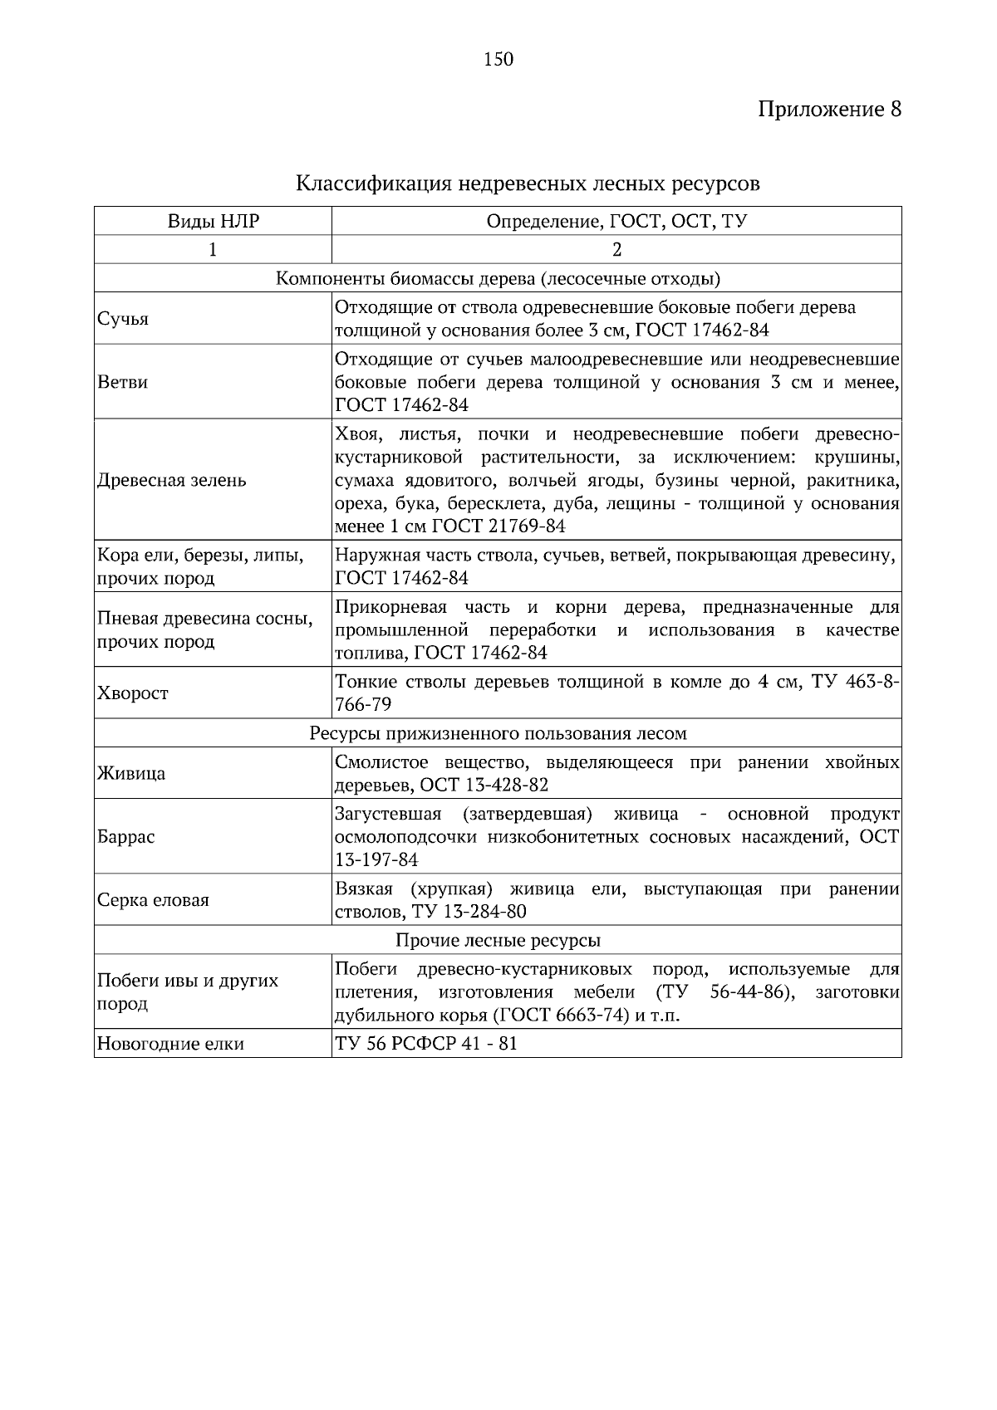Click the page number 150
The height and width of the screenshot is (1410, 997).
(x=498, y=59)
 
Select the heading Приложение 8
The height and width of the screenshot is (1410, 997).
(x=829, y=110)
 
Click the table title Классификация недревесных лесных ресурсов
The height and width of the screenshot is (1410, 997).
(x=528, y=184)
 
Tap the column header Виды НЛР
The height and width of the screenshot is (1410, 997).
(x=213, y=222)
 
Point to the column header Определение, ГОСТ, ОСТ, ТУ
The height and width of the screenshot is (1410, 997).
(x=616, y=222)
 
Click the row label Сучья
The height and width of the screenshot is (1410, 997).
(x=123, y=319)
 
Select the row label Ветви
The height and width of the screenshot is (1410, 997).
(x=123, y=383)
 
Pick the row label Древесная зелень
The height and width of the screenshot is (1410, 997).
(x=172, y=481)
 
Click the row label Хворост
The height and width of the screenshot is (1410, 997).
(x=133, y=693)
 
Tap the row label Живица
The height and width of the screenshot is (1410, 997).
(x=131, y=774)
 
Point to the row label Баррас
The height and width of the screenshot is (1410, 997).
(x=126, y=837)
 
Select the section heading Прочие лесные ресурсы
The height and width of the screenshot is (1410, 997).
(x=498, y=941)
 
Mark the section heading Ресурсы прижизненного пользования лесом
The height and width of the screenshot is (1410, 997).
(x=498, y=734)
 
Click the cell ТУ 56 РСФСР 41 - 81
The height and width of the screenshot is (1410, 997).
(x=426, y=1044)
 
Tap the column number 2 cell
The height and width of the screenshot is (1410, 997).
(x=616, y=250)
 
